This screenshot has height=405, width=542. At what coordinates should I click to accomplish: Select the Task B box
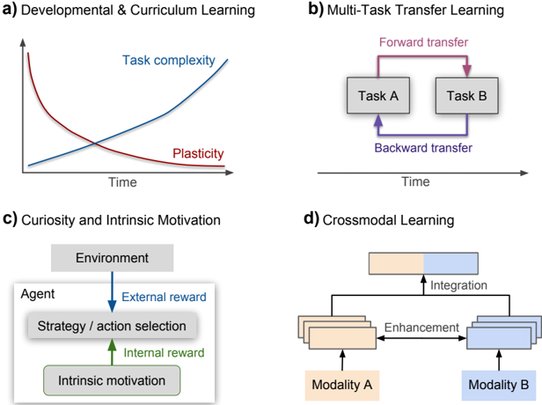tap(468, 94)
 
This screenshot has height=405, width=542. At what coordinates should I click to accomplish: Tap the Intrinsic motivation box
tap(112, 381)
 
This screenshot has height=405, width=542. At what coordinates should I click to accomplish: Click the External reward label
tap(165, 296)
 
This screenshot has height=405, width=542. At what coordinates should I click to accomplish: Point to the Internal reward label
tap(163, 351)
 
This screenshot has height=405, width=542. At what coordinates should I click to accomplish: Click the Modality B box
tap(500, 385)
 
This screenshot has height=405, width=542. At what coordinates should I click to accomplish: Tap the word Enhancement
tap(421, 328)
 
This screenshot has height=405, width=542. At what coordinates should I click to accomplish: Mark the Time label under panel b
tap(415, 181)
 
